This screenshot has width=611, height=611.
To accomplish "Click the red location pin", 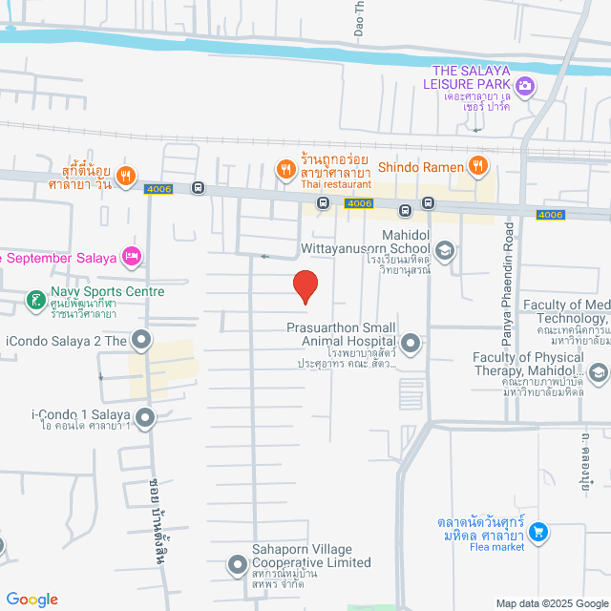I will [305, 286].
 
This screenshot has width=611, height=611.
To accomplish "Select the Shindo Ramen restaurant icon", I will [478, 166].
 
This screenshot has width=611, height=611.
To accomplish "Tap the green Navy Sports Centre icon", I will [36, 302].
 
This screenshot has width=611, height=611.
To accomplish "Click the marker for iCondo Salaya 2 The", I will [142, 340].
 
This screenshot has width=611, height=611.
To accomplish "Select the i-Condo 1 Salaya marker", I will [145, 416].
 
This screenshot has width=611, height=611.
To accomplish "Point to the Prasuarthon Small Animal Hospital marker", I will [411, 342].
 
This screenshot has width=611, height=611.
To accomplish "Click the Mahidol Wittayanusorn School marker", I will [445, 250].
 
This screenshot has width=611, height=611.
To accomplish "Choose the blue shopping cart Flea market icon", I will [537, 531].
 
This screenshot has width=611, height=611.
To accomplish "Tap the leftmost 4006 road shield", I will [158, 189].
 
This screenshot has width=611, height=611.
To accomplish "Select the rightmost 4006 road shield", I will [551, 215].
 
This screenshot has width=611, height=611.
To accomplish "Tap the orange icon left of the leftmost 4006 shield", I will [127, 176].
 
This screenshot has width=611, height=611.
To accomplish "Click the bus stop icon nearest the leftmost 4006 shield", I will [198, 188].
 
